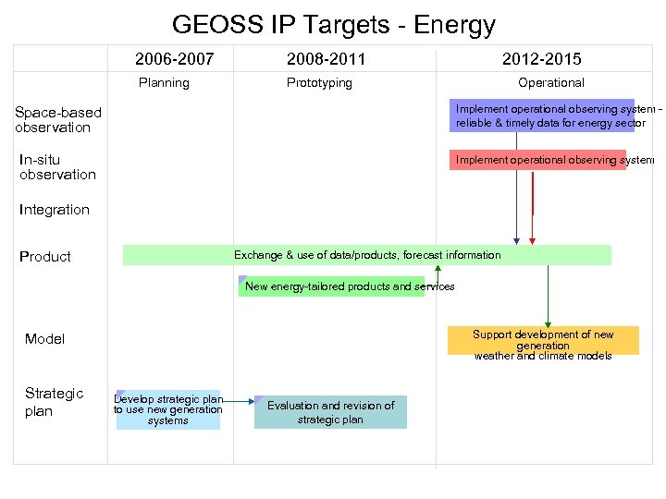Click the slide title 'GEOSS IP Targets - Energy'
pos(333,25)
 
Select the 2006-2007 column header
pos(174,59)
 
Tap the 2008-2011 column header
pos(326,59)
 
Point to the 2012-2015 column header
pos(541,59)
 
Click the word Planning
pos(164,83)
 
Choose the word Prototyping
pos(319,83)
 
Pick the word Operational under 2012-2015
pos(550,83)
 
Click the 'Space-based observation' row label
pos(57,120)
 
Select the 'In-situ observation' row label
pos(57,167)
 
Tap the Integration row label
pos(55,210)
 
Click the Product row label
pos(45,257)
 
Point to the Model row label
pos(44,339)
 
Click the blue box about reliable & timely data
pos(542,116)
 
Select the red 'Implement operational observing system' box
pos(537,160)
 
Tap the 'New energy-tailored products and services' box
pos(332,286)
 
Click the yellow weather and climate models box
pos(543,341)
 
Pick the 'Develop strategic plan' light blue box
pos(168,410)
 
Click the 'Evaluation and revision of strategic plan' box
pos(330,412)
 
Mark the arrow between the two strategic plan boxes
pos(238,401)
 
